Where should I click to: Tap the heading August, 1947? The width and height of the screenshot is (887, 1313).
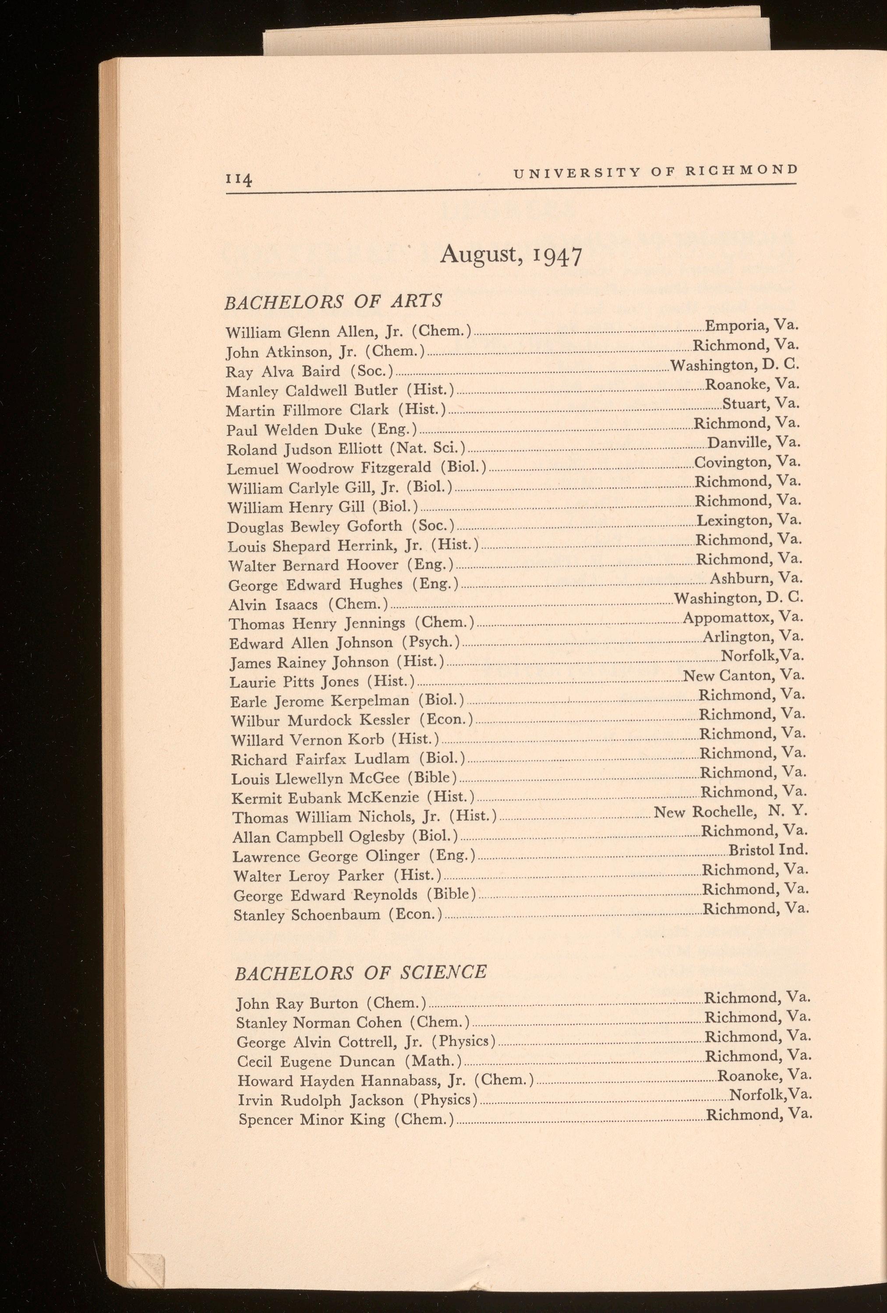pyautogui.click(x=510, y=255)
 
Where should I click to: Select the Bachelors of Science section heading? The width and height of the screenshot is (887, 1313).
pyautogui.click(x=360, y=972)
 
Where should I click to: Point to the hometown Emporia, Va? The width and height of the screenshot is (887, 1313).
pyautogui.click(x=751, y=326)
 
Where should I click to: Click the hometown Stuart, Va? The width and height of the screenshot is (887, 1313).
pyautogui.click(x=760, y=404)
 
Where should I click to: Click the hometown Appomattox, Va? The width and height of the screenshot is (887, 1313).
pyautogui.click(x=743, y=617)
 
